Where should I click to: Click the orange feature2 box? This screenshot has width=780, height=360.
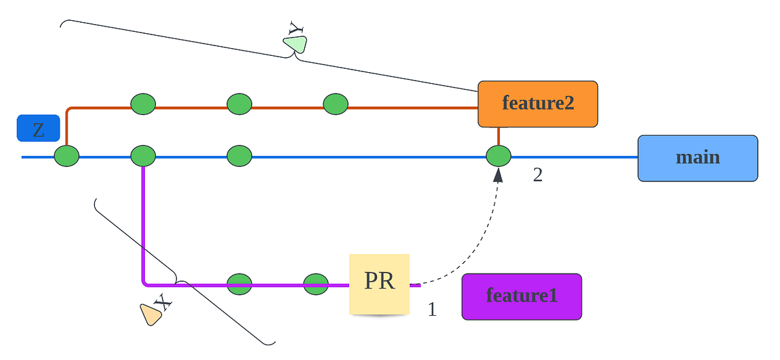click(x=538, y=103)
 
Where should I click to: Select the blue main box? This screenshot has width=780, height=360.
click(x=697, y=158)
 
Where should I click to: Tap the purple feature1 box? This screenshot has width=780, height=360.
click(x=521, y=296)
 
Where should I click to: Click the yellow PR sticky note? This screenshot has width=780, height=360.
click(x=380, y=283)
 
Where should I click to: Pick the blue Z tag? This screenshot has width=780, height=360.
click(x=38, y=129)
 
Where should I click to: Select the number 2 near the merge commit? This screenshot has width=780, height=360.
click(x=538, y=175)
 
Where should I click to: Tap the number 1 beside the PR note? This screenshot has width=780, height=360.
click(x=432, y=310)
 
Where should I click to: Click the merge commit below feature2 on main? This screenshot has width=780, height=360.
click(x=499, y=157)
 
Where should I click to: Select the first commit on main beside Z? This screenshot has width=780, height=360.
click(x=66, y=157)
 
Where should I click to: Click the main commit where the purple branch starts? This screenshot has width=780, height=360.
click(x=143, y=157)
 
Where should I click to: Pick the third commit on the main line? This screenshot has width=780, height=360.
click(x=239, y=157)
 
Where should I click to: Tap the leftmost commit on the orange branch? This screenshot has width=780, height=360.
click(x=143, y=104)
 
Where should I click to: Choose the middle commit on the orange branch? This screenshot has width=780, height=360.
click(x=239, y=104)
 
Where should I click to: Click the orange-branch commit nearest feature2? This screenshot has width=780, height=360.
click(x=335, y=104)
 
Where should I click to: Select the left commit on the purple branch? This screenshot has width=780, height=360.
click(x=239, y=284)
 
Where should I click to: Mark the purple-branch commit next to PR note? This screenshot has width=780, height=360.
click(x=316, y=284)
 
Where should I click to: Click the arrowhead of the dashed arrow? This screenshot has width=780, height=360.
click(x=499, y=175)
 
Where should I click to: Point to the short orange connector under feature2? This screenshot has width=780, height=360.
click(x=499, y=136)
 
